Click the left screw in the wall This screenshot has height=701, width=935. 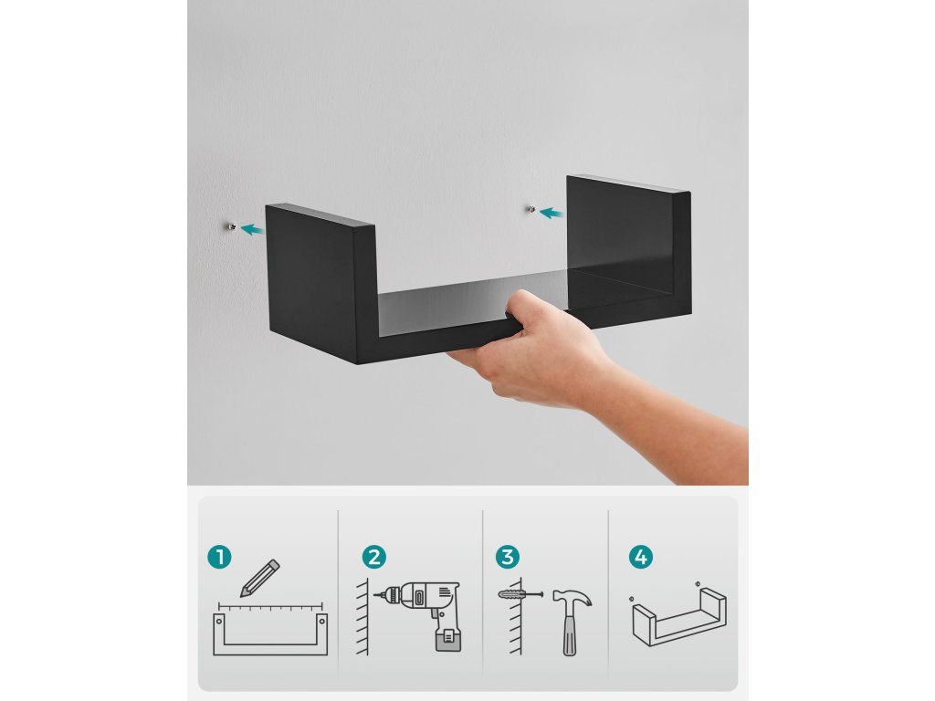point(231,226)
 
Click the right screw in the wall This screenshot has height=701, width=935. point(531,209)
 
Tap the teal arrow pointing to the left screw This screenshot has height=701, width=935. point(253,229)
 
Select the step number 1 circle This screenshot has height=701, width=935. point(219,558)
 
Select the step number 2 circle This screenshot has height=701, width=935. point(373,558)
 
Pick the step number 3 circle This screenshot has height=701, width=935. point(508,558)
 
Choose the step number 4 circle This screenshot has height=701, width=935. point(641,558)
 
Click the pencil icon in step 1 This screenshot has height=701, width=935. point(259,578)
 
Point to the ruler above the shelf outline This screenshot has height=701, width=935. point(270,607)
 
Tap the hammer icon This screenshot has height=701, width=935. point(571,622)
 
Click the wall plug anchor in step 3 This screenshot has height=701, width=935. point(520,594)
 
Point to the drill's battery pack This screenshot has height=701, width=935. point(448,640)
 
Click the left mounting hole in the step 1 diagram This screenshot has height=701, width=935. point(219,621)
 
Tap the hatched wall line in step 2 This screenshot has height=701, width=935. point(363,616)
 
